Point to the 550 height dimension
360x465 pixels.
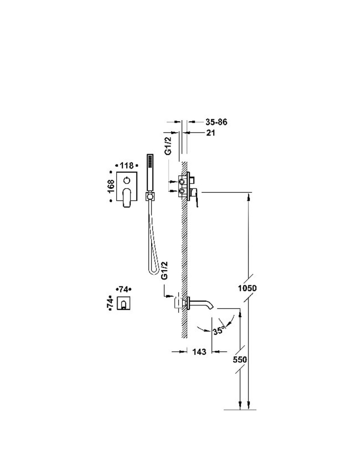(x=240, y=359)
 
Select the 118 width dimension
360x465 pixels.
(x=126, y=165)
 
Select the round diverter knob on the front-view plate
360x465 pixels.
(x=127, y=180)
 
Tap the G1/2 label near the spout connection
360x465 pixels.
(x=165, y=270)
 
